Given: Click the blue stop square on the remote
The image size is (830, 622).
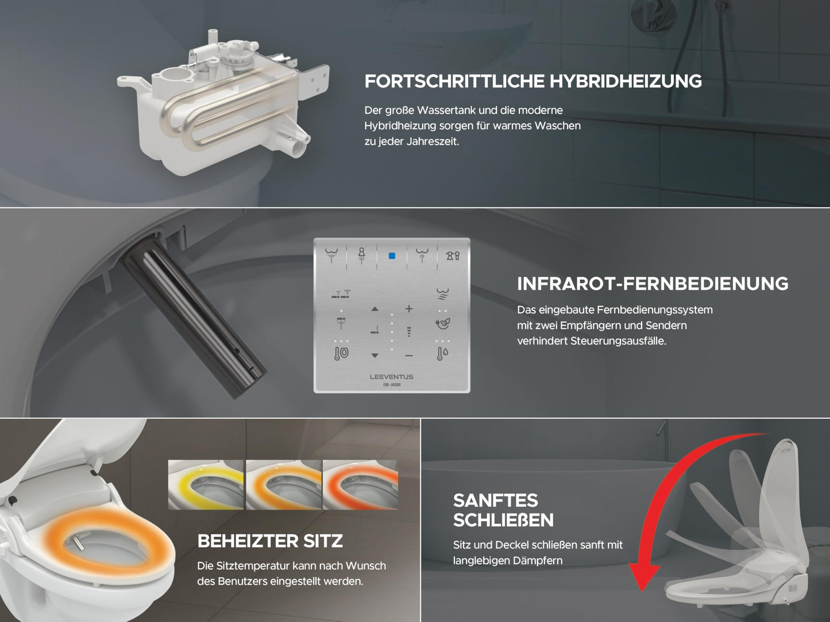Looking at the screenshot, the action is [392, 256].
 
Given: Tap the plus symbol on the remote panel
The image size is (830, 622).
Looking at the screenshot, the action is [409, 309].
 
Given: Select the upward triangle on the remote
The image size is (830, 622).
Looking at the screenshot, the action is [375, 309].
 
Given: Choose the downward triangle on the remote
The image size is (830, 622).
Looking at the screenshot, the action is [375, 355].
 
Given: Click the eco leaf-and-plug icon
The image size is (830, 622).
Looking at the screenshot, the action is [442, 324].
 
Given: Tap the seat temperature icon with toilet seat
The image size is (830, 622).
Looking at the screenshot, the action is [341, 353].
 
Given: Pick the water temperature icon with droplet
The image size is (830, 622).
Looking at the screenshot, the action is [442, 353].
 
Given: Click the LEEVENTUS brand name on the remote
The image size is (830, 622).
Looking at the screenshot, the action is [391, 377].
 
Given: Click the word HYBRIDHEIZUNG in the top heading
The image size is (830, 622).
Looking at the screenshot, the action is [626, 81].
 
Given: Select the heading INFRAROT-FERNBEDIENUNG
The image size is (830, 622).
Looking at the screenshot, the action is [653, 283].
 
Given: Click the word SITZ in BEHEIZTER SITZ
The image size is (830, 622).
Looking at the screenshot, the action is [323, 541].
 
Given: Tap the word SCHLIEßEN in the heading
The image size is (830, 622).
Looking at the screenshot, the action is [503, 520].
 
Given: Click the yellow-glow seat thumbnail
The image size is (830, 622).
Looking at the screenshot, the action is [206, 484].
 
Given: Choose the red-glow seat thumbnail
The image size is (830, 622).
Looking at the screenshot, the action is [360, 484].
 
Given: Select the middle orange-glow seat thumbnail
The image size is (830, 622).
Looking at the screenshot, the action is [284, 484].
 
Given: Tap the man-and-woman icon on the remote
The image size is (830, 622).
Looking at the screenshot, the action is [453, 256].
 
